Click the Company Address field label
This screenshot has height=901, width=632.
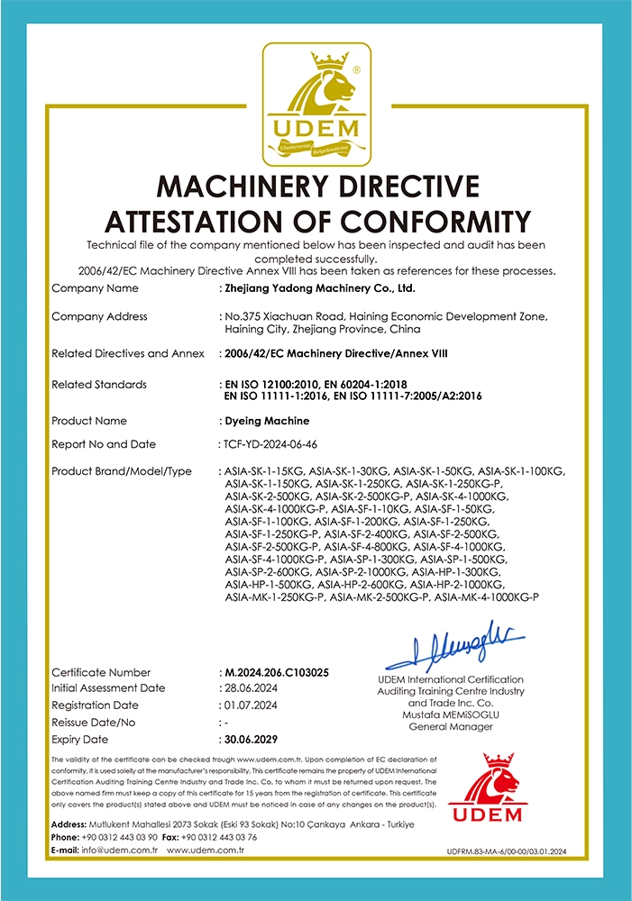tap(99, 317)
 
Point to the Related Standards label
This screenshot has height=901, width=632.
tap(99, 385)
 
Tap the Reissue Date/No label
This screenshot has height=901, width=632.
tap(94, 722)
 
